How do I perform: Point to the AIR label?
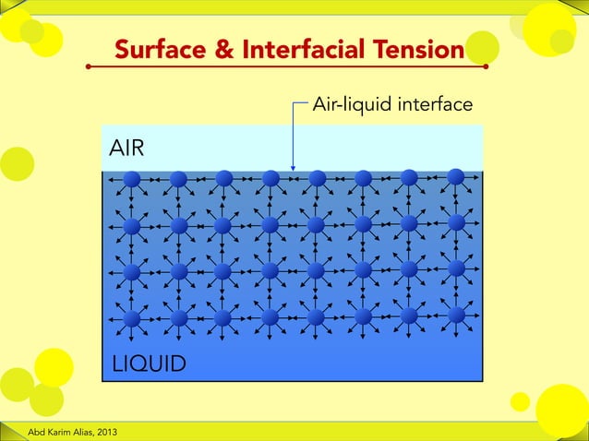(x=126, y=148)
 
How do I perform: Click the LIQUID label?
(x=148, y=364)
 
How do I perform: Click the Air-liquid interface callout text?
(x=393, y=104)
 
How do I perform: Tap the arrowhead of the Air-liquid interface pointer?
(x=293, y=167)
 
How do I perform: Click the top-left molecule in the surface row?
(x=132, y=178)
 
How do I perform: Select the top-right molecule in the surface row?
(x=456, y=176)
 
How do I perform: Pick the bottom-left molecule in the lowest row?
(x=132, y=318)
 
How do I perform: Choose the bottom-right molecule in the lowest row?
(x=456, y=315)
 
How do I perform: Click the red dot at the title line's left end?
(x=89, y=67)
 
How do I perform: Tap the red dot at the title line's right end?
(x=486, y=67)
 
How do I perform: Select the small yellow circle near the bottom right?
(x=520, y=401)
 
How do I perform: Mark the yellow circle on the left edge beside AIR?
(x=16, y=163)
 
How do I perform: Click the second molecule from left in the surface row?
(x=179, y=178)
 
